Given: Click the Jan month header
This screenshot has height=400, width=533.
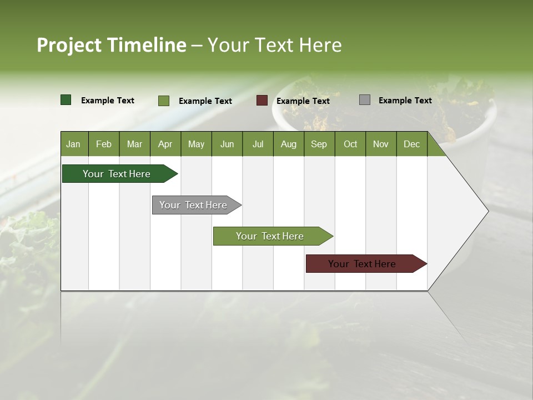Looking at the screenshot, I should (74, 144).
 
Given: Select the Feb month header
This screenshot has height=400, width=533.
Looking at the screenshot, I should (104, 144).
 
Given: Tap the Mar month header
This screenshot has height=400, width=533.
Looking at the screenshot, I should (134, 144).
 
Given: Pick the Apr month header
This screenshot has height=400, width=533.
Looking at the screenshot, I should (165, 144).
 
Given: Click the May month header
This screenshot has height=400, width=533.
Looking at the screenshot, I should (196, 144).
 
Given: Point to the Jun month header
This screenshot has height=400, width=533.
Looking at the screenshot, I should (227, 144).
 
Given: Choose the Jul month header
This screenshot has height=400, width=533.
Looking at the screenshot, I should (258, 144).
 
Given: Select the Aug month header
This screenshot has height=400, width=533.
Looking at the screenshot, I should (289, 144).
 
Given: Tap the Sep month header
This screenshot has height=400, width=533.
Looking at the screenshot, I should (319, 144).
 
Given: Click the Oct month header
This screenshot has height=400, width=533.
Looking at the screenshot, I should (350, 144).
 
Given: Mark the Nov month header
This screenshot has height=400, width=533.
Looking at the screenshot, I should (381, 144).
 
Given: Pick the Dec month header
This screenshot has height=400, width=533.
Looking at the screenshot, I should (411, 144).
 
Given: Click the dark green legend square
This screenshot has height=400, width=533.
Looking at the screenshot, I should (66, 100).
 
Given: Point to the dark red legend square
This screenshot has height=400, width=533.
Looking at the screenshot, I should (262, 101).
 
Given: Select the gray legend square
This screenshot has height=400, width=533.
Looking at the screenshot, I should (365, 100).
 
